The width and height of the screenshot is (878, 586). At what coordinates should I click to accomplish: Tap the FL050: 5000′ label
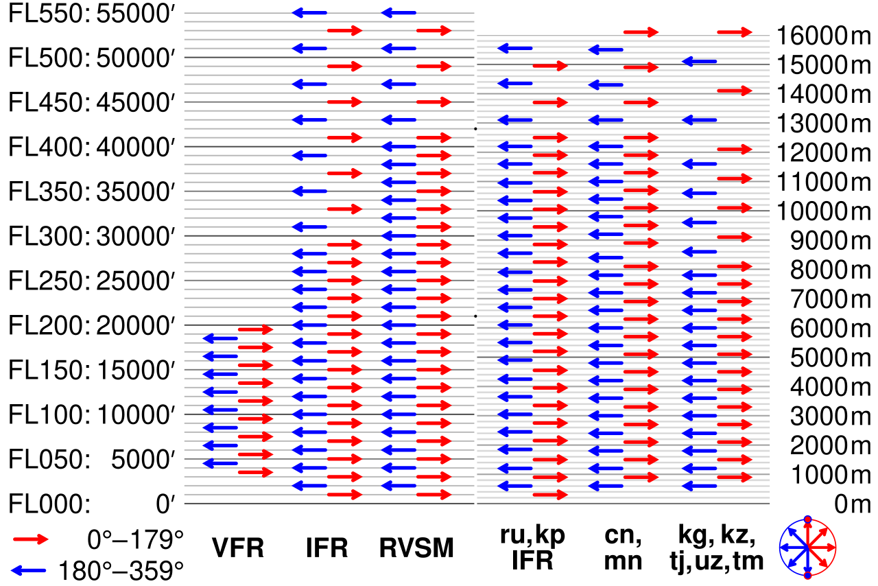93,459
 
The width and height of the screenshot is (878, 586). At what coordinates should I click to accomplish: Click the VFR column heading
237,548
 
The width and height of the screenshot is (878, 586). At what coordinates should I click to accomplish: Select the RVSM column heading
416,548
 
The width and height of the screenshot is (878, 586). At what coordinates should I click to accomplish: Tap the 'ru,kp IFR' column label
532,548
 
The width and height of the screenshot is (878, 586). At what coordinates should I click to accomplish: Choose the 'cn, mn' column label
622,548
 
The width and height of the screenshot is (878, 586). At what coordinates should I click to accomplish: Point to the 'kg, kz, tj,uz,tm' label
716,548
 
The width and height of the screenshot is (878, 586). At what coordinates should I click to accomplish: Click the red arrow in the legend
31,539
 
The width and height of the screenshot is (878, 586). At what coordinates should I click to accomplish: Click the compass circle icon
808,547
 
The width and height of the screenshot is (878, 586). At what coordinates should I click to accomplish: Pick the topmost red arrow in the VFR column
255,329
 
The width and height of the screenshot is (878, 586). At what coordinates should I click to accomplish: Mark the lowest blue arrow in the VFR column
220,463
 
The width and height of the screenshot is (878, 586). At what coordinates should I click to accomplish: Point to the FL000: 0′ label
93,504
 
